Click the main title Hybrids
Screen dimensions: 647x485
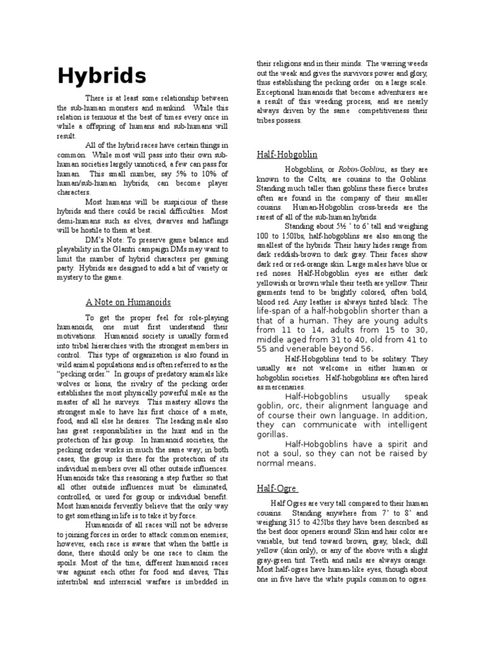[x=102, y=76]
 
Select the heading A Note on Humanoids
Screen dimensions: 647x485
[x=128, y=302]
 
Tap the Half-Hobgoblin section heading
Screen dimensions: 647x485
[x=287, y=154]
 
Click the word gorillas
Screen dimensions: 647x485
[x=273, y=434]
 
